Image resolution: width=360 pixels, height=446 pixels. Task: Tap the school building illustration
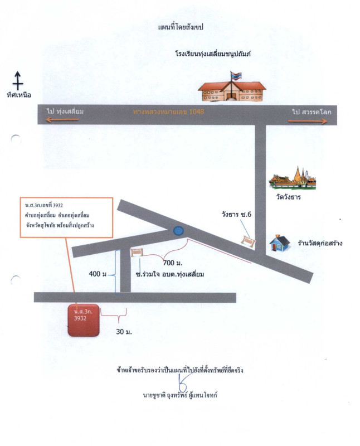coord(233,89)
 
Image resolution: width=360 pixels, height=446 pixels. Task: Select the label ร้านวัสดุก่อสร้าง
coord(319,243)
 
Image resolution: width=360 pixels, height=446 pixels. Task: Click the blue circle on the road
coord(178,230)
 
